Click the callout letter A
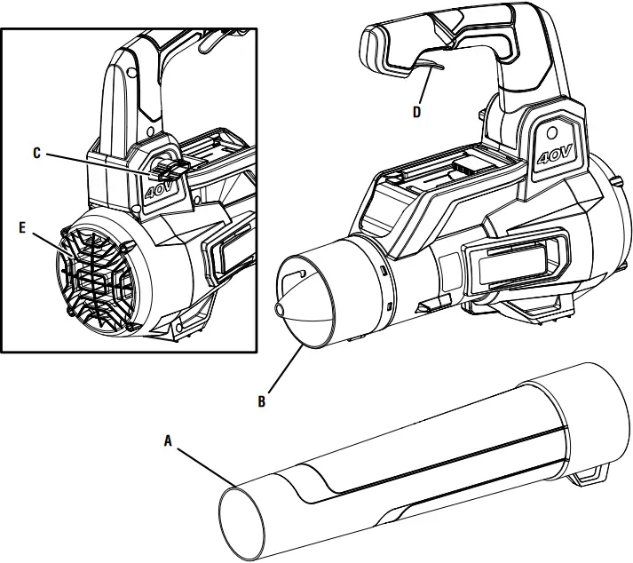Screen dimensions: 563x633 (x=169, y=439)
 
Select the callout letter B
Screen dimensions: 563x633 (x=261, y=400)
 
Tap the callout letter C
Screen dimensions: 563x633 (x=36, y=153)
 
